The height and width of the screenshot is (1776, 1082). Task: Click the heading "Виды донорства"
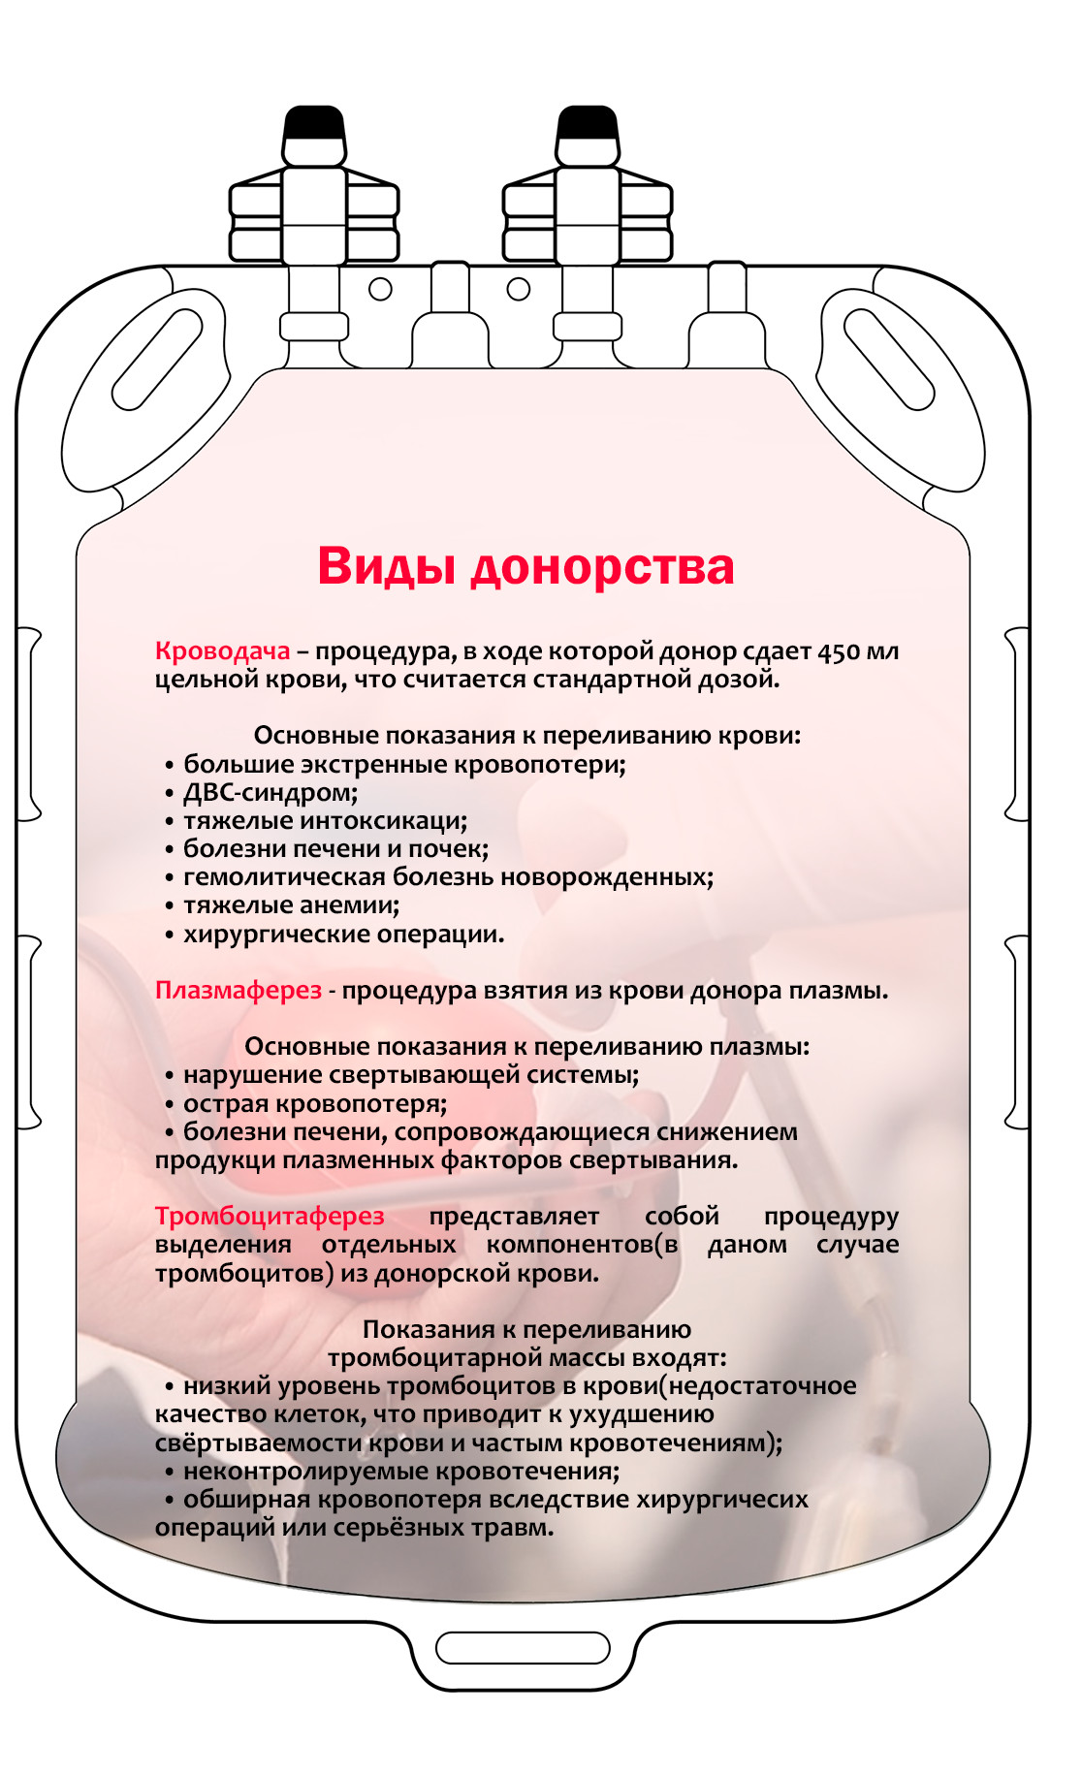point(525,566)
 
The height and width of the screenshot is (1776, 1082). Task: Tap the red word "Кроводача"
point(222,651)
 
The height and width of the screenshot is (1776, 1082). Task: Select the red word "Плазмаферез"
point(238,991)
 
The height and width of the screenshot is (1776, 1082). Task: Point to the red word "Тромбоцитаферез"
point(270,1217)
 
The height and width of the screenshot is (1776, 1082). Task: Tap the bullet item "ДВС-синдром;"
point(270,793)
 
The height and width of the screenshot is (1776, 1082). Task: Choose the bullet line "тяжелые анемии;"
point(291,905)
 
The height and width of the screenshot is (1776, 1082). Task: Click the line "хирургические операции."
point(343,935)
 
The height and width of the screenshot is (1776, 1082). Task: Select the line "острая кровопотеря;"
point(315,1104)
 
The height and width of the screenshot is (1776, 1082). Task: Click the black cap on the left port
point(313,124)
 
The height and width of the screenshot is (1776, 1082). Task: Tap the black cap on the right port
point(588,124)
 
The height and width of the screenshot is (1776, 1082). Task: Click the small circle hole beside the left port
point(381,289)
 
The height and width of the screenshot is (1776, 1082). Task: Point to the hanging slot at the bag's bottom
point(523,1647)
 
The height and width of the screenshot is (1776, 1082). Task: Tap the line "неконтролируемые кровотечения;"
point(401,1472)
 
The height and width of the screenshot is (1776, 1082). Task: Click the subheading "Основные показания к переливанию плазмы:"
point(526,1047)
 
